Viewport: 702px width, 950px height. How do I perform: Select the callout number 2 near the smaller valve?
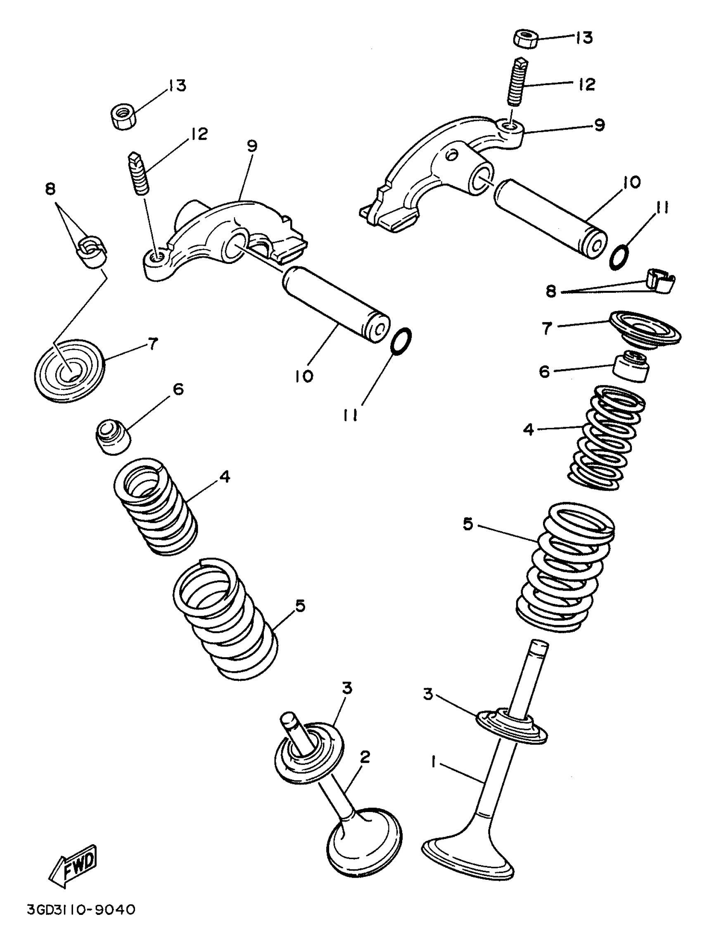365,756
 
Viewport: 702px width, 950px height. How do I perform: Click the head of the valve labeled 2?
365,842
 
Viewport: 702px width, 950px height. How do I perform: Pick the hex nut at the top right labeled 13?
526,40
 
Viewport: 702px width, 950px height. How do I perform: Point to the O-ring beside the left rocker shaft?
401,340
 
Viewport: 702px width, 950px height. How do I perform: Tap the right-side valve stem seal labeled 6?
631,367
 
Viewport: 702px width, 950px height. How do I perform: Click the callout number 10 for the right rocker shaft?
631,183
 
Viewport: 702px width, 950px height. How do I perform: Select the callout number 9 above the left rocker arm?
251,146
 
